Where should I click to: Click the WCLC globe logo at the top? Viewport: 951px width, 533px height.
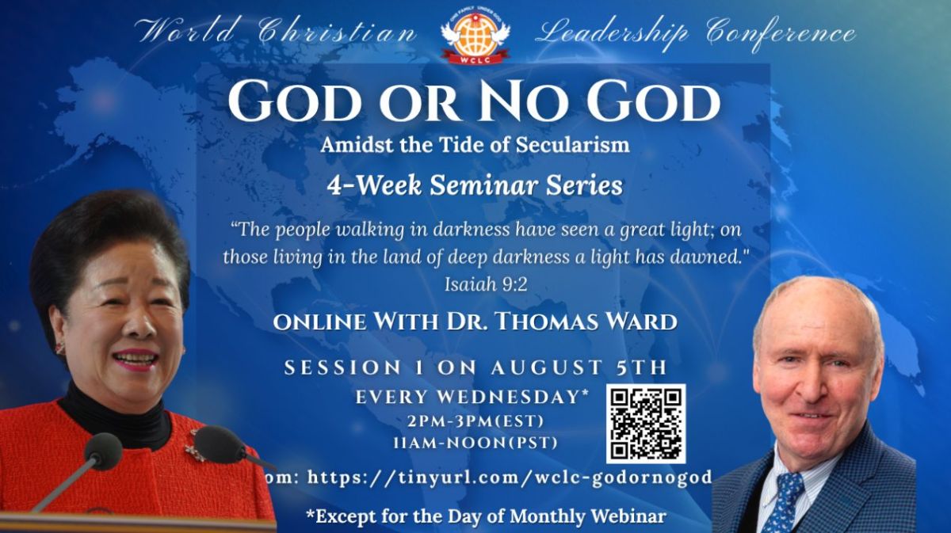coord(475,36)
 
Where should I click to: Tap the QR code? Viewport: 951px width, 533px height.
coord(646,424)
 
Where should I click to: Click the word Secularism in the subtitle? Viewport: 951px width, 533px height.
coord(573,145)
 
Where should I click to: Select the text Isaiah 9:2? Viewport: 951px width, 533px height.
coord(486,284)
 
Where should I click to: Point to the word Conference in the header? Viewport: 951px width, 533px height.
coord(781,33)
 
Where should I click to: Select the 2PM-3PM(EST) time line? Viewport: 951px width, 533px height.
coord(475,421)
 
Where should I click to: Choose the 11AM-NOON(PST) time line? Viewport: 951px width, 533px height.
coord(475,443)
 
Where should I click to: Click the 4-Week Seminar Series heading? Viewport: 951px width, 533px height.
coord(475,186)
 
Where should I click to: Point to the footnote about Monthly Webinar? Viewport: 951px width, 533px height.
coord(485,516)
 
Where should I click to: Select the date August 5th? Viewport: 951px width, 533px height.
coord(579,367)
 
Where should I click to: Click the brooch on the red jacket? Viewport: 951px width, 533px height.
coord(194,449)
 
